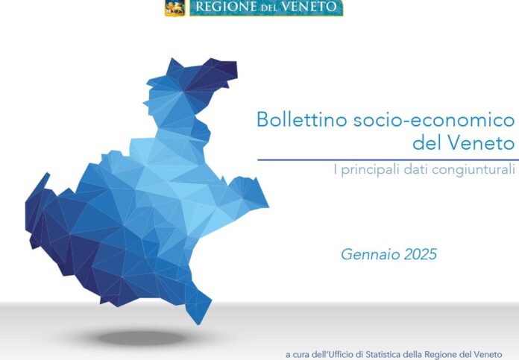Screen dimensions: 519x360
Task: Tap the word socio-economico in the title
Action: coord(434,120)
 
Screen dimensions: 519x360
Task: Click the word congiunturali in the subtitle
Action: coord(474,170)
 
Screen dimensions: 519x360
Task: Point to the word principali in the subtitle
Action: coord(370,170)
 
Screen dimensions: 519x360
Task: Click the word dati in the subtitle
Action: coord(415,169)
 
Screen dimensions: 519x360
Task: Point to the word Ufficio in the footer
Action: coord(347,354)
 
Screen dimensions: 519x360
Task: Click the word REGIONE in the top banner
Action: coord(225,7)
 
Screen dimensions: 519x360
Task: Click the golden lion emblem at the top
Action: coord(175,7)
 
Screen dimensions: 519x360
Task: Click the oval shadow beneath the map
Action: coord(142,338)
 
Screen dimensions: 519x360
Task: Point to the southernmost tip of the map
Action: coord(198,324)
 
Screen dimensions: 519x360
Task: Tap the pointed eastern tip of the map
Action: coord(268,207)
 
